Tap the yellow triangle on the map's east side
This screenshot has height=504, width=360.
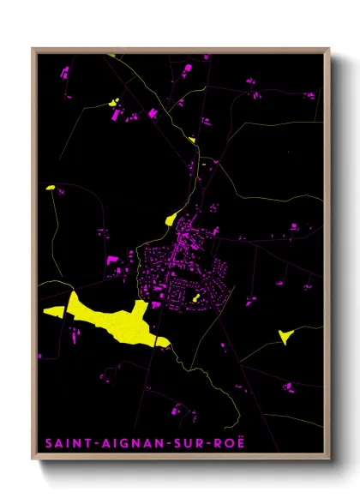tap(286, 336)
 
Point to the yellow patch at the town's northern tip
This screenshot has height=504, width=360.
tap(172, 218)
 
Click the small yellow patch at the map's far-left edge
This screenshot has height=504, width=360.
tap(50, 187)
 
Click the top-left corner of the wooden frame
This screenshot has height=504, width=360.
tap(33, 49)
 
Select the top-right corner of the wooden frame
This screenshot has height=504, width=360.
tap(329, 49)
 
